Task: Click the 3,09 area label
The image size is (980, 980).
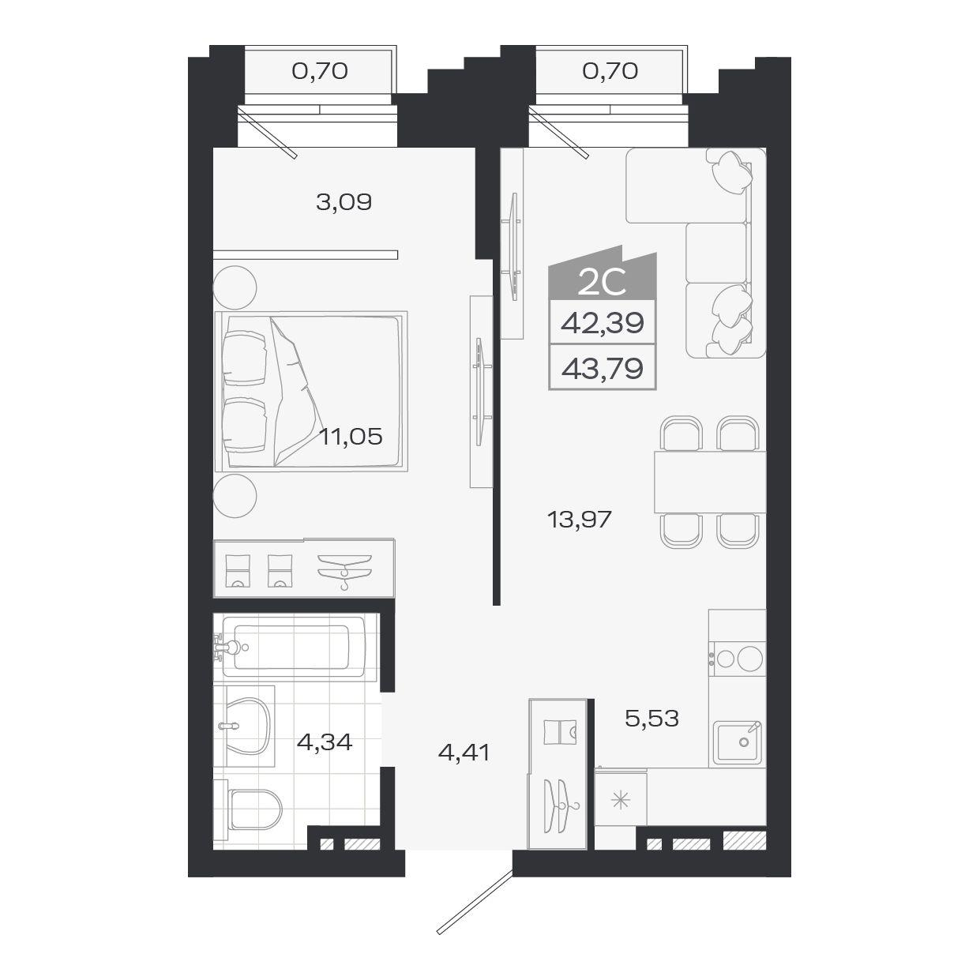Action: [x=344, y=202]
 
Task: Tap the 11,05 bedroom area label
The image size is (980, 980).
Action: [x=351, y=437]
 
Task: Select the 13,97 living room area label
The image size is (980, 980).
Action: [x=580, y=520]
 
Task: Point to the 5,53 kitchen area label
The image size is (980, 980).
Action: [x=652, y=719]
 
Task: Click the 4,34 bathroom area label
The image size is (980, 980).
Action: [x=325, y=742]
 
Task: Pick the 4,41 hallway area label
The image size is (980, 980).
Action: [x=464, y=752]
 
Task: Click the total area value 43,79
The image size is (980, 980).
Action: [x=603, y=368]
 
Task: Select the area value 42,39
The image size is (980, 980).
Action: [x=603, y=322]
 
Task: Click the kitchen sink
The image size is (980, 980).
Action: [x=737, y=742]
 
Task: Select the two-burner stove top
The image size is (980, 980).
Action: [x=737, y=659]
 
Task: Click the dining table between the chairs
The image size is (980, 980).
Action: [x=710, y=482]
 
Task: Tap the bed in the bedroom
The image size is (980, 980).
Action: [x=311, y=391]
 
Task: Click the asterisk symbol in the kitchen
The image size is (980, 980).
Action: [x=621, y=802]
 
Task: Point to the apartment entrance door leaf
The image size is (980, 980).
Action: [x=475, y=902]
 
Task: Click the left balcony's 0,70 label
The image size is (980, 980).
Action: [x=320, y=71]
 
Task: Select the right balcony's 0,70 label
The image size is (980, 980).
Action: [x=610, y=71]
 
